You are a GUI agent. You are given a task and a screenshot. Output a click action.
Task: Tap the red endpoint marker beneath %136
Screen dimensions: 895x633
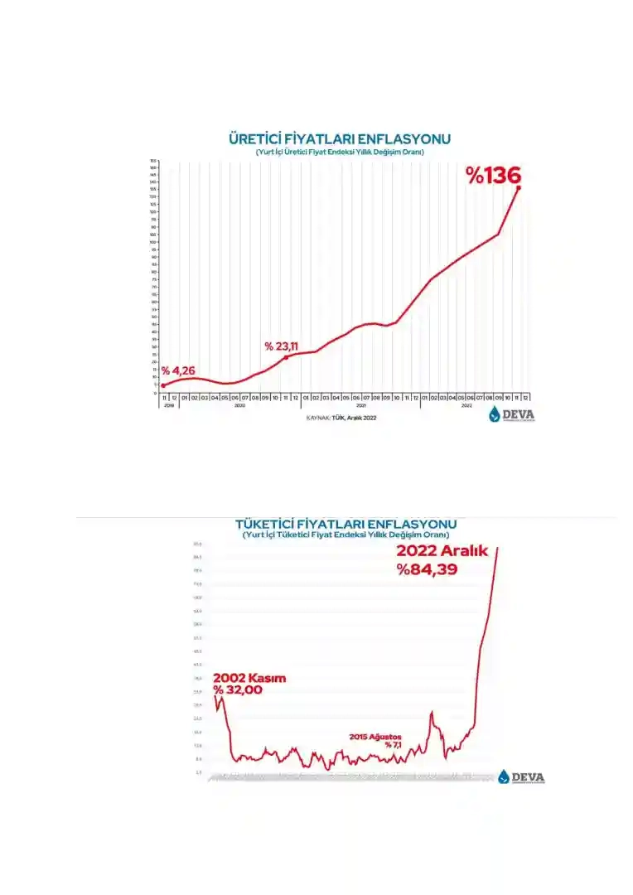[519, 188]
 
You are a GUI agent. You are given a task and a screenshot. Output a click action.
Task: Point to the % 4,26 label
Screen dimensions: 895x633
[178, 370]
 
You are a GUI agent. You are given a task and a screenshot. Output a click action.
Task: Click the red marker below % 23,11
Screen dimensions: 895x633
[287, 357]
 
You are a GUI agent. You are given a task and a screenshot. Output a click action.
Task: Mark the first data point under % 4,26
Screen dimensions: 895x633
[163, 385]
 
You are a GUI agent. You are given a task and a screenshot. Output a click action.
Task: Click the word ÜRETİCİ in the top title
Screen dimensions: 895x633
[259, 138]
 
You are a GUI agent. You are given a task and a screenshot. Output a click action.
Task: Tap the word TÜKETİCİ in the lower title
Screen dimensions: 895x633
[272, 525]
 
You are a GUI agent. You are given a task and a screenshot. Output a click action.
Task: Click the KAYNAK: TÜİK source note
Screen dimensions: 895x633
[341, 418]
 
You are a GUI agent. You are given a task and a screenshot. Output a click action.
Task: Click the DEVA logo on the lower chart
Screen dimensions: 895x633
[522, 776]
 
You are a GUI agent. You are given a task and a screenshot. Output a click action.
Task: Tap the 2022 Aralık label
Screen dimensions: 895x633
[444, 552]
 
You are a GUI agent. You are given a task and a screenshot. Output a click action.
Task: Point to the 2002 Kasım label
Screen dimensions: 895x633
[249, 678]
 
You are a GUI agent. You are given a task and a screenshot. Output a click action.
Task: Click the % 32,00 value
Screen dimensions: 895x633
[239, 690]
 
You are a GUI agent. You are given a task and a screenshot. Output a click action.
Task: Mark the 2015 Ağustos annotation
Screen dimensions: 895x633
[375, 736]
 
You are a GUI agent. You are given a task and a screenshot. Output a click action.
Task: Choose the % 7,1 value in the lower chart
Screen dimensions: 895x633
[393, 745]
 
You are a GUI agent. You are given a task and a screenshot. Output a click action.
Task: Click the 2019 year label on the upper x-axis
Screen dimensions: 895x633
[168, 405]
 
